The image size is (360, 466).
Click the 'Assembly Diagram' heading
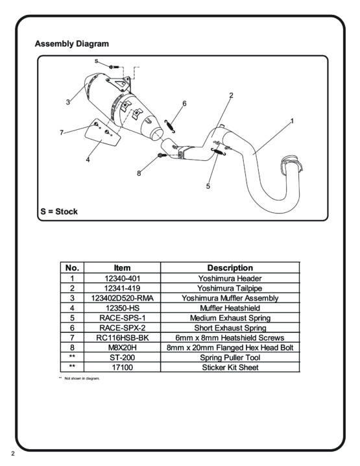(72, 43)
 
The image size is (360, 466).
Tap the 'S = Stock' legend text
(59, 212)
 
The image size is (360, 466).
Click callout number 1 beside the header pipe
(292, 121)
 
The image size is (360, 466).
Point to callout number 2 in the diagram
(231, 95)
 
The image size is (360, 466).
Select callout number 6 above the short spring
(184, 103)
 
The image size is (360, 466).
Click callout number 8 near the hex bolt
(139, 173)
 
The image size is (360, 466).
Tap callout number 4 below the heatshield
(88, 160)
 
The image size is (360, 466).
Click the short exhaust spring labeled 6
(170, 127)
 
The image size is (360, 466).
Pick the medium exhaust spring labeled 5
(219, 152)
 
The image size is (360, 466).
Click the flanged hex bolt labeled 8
(162, 155)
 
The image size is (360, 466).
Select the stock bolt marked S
(114, 67)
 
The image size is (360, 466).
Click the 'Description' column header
(230, 268)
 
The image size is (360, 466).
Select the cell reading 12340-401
(123, 278)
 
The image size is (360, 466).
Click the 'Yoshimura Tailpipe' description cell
(230, 288)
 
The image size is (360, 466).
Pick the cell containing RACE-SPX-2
(123, 328)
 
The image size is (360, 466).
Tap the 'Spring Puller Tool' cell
(230, 358)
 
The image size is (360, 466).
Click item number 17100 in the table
(123, 367)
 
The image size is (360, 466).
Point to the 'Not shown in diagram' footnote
(80, 378)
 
